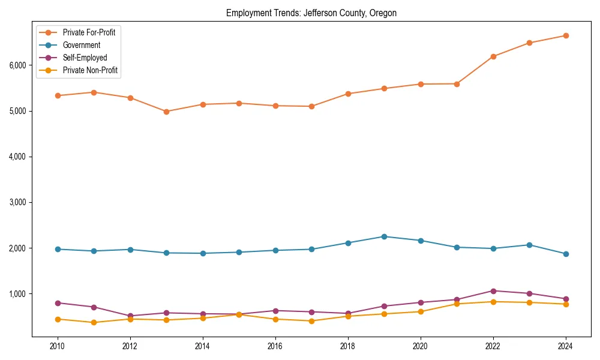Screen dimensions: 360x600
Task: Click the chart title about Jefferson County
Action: (x=311, y=13)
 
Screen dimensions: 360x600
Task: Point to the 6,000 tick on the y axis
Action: (x=18, y=65)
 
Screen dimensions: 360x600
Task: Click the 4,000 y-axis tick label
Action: (x=18, y=157)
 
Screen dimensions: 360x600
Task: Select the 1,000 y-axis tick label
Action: (x=18, y=293)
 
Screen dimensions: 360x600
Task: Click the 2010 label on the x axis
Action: (x=58, y=346)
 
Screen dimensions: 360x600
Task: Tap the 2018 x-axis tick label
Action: (x=348, y=346)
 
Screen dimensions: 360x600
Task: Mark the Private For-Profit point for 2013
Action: (x=166, y=112)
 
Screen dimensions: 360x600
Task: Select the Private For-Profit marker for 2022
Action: (x=493, y=56)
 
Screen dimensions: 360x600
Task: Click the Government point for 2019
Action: (x=384, y=236)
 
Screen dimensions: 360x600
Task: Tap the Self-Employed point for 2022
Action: (x=493, y=291)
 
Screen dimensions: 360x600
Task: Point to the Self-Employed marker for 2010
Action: (x=58, y=303)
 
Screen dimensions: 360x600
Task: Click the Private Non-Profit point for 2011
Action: (x=94, y=323)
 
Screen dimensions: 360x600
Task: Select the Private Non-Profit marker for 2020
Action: (x=421, y=311)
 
